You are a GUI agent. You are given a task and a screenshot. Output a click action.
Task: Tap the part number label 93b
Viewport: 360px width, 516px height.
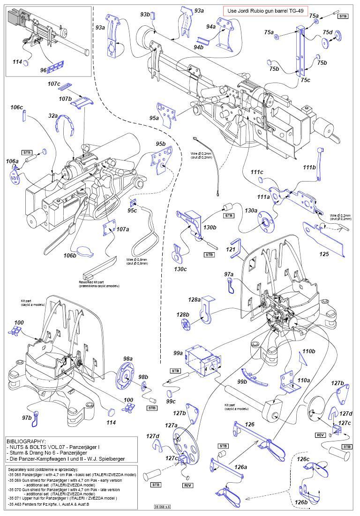click(x=145, y=15)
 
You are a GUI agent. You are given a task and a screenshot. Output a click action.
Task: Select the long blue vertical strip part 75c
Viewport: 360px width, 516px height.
click(x=300, y=52)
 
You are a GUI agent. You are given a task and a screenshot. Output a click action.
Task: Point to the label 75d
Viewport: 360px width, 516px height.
click(x=327, y=32)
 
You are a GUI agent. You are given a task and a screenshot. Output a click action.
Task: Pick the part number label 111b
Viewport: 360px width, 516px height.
click(x=309, y=167)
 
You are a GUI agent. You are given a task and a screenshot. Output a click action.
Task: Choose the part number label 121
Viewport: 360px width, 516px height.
click(x=231, y=249)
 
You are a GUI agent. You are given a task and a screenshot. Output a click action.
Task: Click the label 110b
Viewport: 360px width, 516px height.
click(x=308, y=351)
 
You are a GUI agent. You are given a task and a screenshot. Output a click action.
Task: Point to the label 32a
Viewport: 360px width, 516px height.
click(x=52, y=115)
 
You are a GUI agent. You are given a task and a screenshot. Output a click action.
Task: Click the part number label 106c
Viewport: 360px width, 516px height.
click(x=16, y=107)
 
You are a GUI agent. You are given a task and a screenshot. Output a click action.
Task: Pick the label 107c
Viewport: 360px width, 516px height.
click(x=54, y=84)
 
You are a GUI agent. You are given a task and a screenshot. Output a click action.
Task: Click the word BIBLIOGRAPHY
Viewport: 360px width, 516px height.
click(x=26, y=441)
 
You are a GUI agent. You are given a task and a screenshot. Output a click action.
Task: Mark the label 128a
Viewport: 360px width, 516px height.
click(x=194, y=299)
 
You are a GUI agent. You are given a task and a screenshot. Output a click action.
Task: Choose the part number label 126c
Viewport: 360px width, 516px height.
click(x=303, y=459)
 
